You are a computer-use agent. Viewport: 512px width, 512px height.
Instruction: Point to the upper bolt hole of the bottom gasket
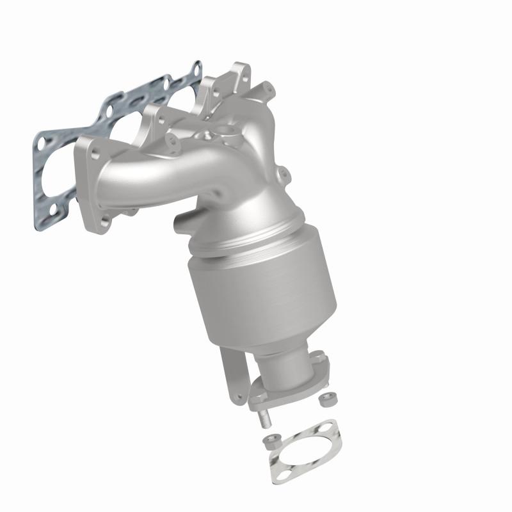coord(328,426)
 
